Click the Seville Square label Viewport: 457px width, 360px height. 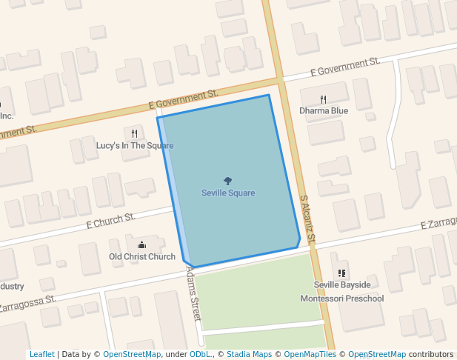click(x=228, y=193)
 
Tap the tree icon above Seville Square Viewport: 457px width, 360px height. click(x=228, y=181)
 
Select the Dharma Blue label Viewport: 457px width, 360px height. click(x=324, y=111)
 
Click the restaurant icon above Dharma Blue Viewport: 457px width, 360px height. click(x=324, y=99)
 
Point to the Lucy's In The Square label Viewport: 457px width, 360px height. click(x=135, y=146)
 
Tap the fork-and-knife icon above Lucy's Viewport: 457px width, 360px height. click(x=134, y=133)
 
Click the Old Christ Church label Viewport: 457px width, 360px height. click(x=142, y=257)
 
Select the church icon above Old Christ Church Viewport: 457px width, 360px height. click(x=142, y=244)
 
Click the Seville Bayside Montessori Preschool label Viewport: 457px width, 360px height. click(x=341, y=292)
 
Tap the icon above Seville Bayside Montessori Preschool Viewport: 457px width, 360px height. click(x=341, y=273)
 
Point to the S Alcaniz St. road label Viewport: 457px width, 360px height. click(x=308, y=220)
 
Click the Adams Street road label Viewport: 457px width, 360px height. click(x=194, y=293)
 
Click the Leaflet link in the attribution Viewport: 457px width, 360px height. click(x=41, y=355)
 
